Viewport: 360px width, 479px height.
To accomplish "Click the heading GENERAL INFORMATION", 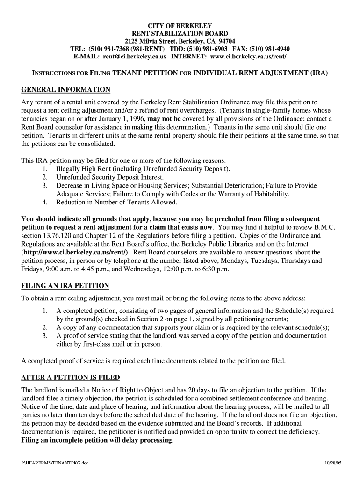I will coord(66,90).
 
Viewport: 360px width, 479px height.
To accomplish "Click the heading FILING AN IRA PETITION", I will coord(65,286).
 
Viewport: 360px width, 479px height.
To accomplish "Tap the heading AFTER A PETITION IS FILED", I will coord(71,377).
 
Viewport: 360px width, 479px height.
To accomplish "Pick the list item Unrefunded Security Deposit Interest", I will coord(110,177).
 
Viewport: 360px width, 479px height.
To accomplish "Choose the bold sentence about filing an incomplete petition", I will coord(97,441).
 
